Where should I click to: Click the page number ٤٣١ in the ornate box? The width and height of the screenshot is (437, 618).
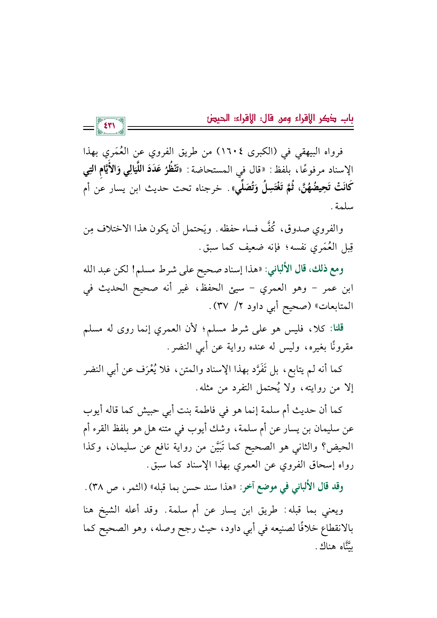click(111, 126)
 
